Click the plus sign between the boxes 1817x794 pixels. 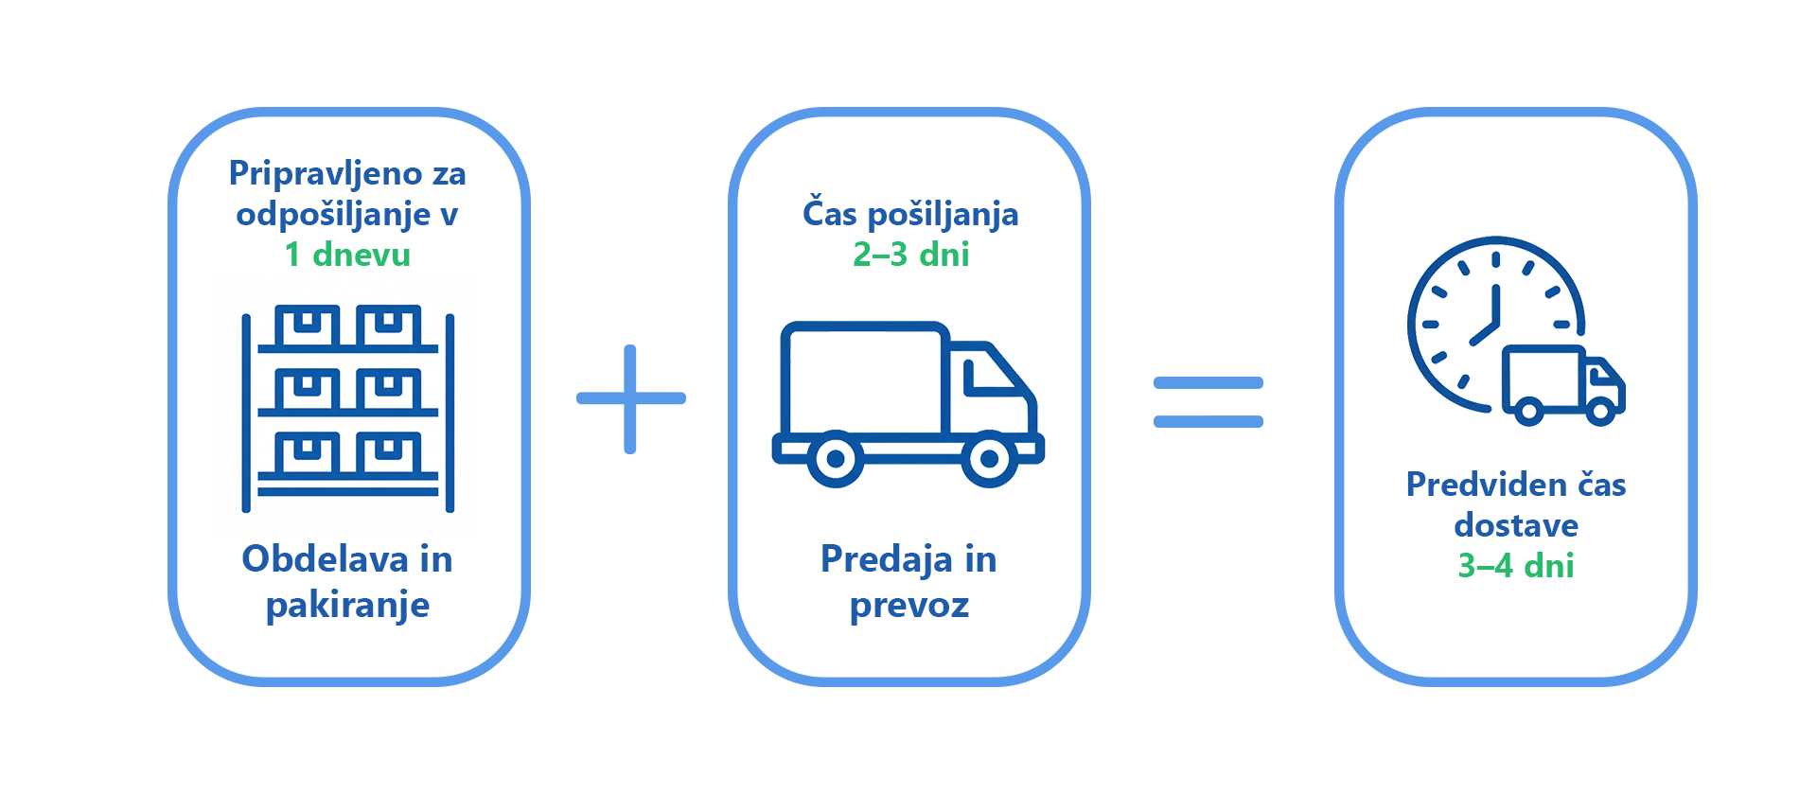point(631,398)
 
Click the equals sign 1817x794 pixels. point(1208,401)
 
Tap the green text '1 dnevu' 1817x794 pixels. point(347,255)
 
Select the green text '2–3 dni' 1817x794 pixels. point(910,255)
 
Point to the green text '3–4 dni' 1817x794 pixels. point(1515,566)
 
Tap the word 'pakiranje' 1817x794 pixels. point(347,606)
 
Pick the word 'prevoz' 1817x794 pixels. point(909,606)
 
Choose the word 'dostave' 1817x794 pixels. point(1516,525)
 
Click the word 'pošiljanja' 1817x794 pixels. point(943,215)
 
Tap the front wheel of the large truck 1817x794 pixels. point(989,459)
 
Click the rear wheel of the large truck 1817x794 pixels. point(836,459)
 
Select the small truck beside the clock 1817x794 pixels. point(1563,385)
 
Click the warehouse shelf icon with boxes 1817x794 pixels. point(348,408)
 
